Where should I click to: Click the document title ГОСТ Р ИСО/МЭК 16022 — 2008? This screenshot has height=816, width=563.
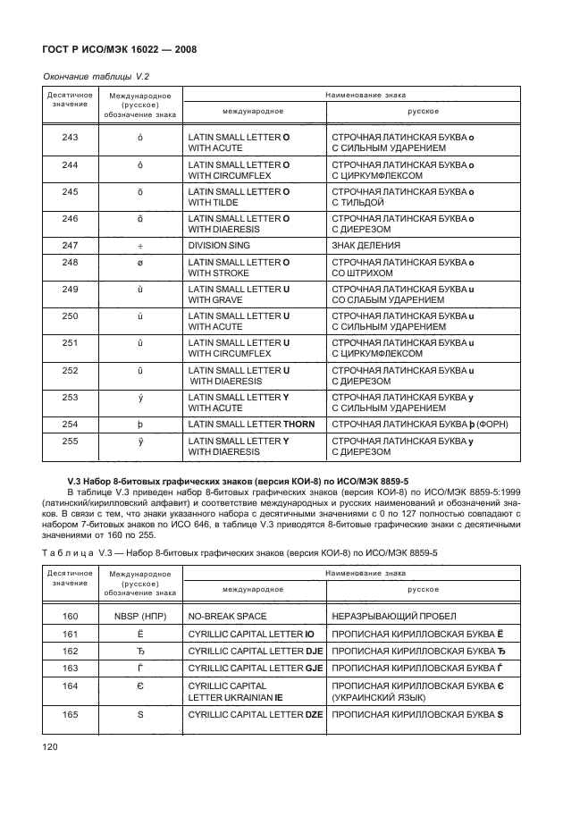click(113, 48)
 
